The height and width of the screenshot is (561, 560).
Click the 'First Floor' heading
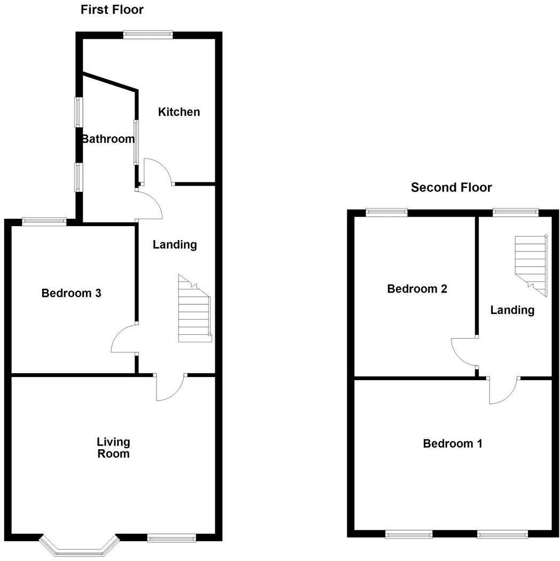[x=112, y=10]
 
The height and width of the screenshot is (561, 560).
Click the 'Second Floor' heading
[x=451, y=187]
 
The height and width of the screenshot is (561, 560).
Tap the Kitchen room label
[x=179, y=112]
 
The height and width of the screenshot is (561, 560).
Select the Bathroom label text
[x=108, y=139]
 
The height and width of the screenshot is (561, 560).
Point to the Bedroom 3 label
[x=72, y=293]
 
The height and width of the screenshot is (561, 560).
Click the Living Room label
[x=113, y=448]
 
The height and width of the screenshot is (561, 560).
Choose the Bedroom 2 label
[x=417, y=289]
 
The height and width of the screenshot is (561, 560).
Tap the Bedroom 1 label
[x=453, y=443]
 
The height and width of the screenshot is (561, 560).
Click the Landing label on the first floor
[x=175, y=245]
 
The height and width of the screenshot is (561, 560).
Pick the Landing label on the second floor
[x=512, y=310]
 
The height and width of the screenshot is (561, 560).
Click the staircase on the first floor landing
[x=193, y=310]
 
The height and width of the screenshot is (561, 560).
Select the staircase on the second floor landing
[x=531, y=265]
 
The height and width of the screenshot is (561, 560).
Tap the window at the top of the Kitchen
[x=148, y=35]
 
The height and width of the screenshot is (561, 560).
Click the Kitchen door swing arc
[x=158, y=170]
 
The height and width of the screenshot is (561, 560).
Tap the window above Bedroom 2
[x=387, y=212]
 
